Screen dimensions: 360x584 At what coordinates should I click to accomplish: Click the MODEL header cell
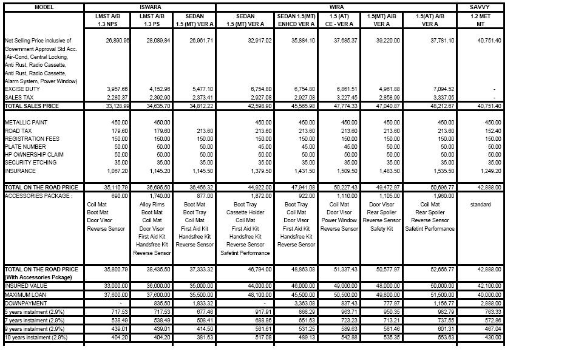(44, 7)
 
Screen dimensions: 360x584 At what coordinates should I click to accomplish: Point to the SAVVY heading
(480, 7)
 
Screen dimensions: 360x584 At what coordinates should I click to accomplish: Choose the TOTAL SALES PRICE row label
(32, 106)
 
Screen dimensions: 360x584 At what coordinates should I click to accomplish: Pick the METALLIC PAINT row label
(25, 123)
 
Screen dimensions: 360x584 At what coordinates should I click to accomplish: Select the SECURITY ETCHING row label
(29, 163)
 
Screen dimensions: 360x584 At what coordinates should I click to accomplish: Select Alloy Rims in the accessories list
(152, 205)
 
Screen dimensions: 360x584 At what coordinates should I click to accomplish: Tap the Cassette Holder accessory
(245, 212)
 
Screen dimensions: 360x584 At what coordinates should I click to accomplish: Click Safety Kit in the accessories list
(382, 229)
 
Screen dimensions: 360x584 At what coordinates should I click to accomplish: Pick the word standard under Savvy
(480, 205)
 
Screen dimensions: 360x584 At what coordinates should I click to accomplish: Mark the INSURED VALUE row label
(25, 285)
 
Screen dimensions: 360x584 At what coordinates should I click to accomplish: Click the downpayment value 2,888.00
(490, 302)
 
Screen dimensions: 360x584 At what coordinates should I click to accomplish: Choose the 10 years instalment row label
(35, 337)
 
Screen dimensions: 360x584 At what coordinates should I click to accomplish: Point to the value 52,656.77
(442, 269)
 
